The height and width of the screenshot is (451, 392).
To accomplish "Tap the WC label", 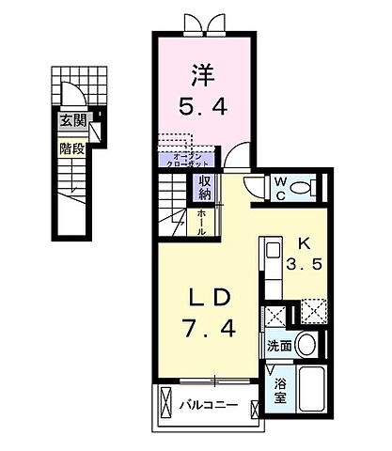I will [279, 189].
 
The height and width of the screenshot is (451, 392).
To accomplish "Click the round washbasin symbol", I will [307, 343].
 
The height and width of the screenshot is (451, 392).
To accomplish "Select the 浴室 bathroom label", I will [280, 391].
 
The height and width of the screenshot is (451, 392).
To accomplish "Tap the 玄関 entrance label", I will [73, 120].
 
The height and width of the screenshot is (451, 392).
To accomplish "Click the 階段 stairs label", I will [73, 148].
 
